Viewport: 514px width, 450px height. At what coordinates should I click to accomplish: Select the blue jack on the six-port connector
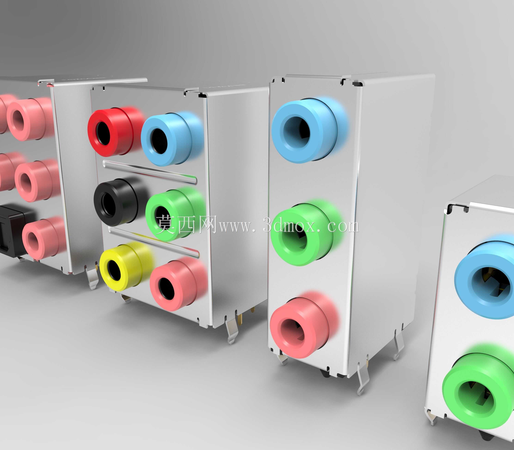click(171, 139)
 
